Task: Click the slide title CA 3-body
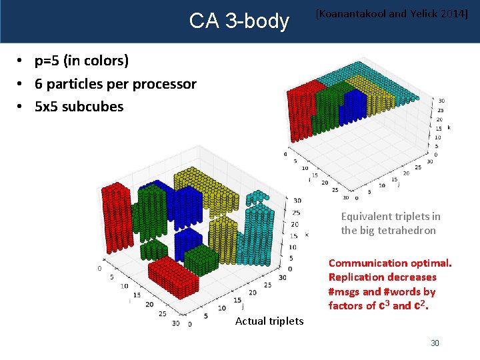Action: (239, 21)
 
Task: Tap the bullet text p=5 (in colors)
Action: (81, 61)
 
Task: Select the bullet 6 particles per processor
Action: (115, 84)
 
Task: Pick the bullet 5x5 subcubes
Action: (79, 106)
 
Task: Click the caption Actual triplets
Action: (269, 321)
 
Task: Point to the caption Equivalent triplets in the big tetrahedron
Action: (390, 223)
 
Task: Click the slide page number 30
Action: (435, 343)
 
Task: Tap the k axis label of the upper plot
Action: (449, 127)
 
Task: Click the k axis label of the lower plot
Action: (306, 235)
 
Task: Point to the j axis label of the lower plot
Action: (242, 307)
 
